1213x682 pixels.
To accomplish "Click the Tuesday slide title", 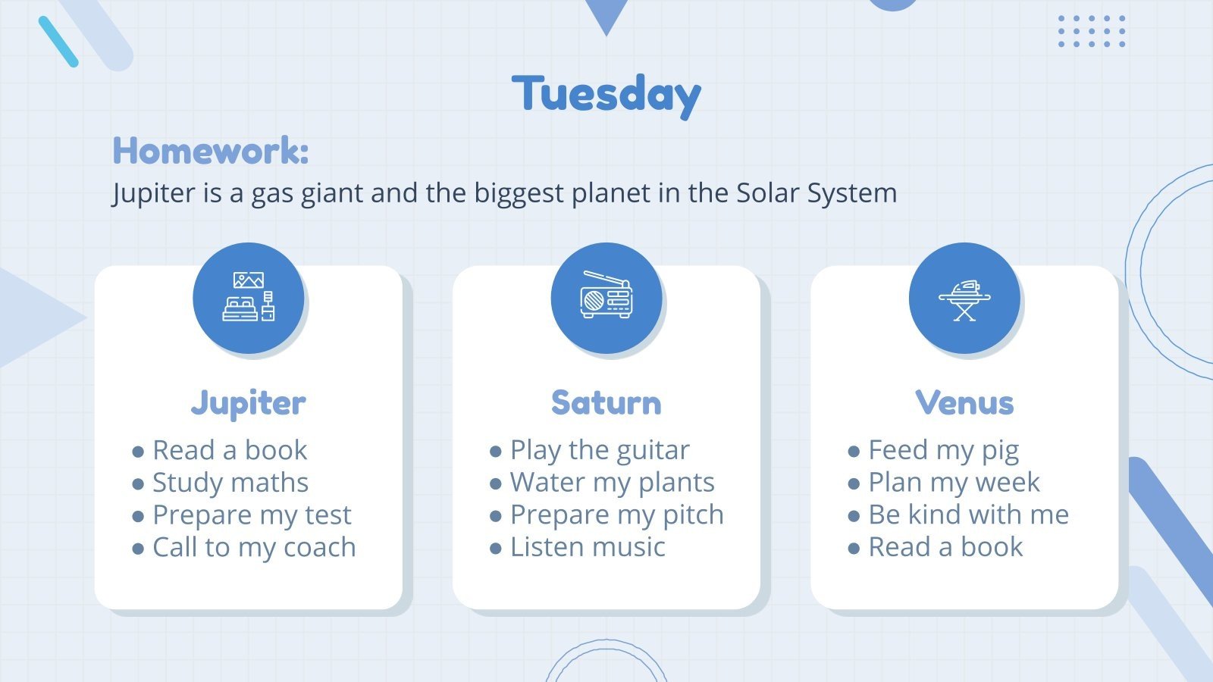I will click(x=606, y=95).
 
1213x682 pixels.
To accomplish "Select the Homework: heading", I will click(x=211, y=151).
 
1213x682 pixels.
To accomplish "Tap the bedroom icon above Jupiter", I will click(x=249, y=298).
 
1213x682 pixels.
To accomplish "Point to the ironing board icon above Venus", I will click(x=964, y=298).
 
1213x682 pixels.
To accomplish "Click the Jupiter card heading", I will click(x=249, y=402).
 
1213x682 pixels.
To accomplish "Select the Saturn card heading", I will click(x=606, y=402).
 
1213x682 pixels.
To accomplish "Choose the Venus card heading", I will click(x=964, y=402).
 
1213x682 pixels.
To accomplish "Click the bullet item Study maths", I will click(x=230, y=483).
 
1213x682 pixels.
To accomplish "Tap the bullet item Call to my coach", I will click(x=254, y=547).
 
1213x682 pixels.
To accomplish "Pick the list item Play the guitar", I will click(x=600, y=450).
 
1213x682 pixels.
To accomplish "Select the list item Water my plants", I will click(x=612, y=483).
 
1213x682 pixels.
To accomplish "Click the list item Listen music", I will click(x=588, y=547).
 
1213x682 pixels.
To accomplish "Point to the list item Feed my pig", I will click(x=943, y=450).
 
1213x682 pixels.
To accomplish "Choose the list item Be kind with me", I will click(x=968, y=515).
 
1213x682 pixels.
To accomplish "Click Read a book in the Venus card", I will click(x=945, y=547).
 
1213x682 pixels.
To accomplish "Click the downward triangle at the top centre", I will click(x=606, y=14).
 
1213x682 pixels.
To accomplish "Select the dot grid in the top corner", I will click(x=1092, y=31).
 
